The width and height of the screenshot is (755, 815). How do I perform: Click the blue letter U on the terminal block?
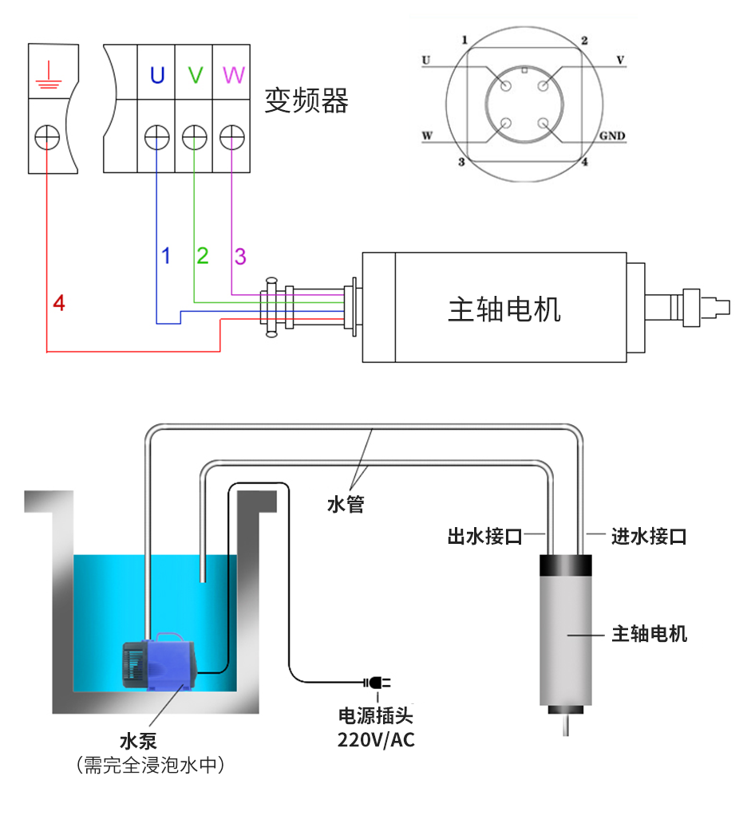157,76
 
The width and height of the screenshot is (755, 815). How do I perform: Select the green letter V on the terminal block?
195,76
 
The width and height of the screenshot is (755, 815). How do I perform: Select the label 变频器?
307,101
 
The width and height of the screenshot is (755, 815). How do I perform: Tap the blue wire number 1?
166,256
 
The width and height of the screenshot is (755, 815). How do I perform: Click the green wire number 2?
203,256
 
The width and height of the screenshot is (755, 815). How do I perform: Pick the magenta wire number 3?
240,256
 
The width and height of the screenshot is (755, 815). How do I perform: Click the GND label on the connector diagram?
612,136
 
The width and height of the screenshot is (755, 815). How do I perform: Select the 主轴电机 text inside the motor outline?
504,309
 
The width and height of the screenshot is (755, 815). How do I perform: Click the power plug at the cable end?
377,683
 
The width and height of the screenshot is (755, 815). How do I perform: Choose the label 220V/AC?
376,740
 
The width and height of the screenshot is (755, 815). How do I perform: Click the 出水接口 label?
484,536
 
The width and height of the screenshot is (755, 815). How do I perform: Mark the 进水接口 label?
649,536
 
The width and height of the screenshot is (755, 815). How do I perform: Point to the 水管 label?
346,505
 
